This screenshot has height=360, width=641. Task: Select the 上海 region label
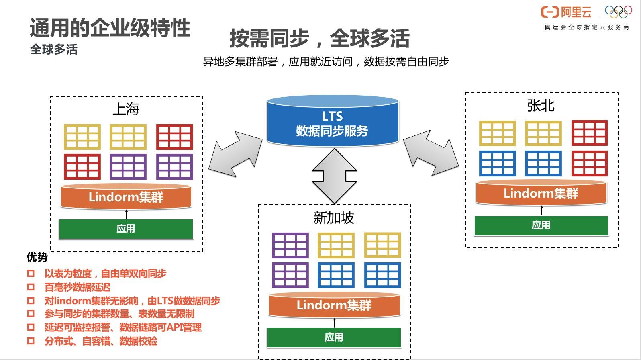pyautogui.click(x=126, y=109)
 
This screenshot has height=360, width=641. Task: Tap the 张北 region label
pyautogui.click(x=541, y=106)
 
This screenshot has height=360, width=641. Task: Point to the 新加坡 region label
pyautogui.click(x=334, y=218)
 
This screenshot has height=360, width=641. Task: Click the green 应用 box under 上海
pyautogui.click(x=126, y=229)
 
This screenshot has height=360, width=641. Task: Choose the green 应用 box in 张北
pyautogui.click(x=541, y=225)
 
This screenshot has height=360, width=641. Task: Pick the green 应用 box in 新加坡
pyautogui.click(x=334, y=337)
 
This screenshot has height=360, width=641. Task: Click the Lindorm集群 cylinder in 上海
pyautogui.click(x=126, y=197)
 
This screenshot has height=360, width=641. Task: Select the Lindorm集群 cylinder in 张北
pyautogui.click(x=541, y=193)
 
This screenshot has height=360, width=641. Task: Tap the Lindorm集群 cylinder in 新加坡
pyautogui.click(x=334, y=305)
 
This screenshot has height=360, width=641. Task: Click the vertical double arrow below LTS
pyautogui.click(x=334, y=176)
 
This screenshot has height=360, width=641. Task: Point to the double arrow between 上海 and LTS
pyautogui.click(x=235, y=153)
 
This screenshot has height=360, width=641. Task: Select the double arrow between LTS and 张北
pyautogui.click(x=431, y=152)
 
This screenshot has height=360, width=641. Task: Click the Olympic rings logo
pyautogui.click(x=618, y=12)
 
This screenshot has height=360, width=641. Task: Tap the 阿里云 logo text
pyautogui.click(x=576, y=12)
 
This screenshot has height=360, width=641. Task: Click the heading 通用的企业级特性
pyautogui.click(x=110, y=28)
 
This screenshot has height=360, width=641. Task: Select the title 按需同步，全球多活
pyautogui.click(x=319, y=39)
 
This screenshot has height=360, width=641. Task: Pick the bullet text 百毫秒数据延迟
pyautogui.click(x=77, y=287)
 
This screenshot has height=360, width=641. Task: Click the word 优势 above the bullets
pyautogui.click(x=37, y=257)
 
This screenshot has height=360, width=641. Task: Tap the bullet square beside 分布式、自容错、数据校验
pyautogui.click(x=31, y=341)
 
